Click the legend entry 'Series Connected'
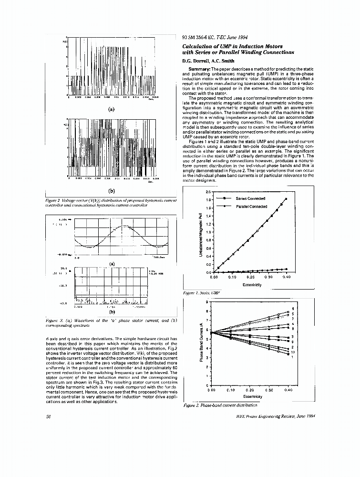pos(250,198)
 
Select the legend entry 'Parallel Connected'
pos(251,207)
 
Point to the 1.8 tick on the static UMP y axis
pos(208,200)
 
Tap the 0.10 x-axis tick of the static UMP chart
pos(232,277)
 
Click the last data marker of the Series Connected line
pos(286,199)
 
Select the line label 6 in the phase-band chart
pos(293,309)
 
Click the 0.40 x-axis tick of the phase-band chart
pos(288,390)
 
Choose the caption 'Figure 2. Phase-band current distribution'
pos(220,405)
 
